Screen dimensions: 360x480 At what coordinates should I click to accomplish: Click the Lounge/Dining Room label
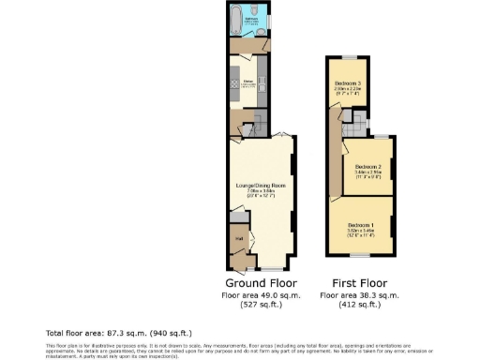[x=260, y=187]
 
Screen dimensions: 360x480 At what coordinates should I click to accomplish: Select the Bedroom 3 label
[x=347, y=83]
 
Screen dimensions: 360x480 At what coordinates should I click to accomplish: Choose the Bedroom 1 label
[x=362, y=225]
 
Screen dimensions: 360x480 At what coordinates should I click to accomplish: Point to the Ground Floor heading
[x=261, y=282]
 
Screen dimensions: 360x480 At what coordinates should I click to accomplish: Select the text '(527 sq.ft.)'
[x=261, y=305]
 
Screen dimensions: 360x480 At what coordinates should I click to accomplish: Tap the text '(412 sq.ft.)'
[x=361, y=305]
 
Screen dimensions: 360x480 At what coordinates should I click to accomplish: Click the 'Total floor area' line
[x=118, y=333]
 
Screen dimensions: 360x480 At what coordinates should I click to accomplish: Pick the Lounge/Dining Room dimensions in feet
[x=260, y=198]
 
